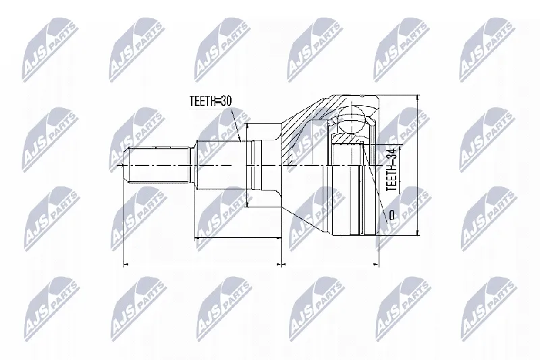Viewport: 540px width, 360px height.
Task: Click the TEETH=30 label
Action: [x=211, y=101]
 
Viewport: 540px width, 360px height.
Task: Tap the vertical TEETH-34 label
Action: [x=391, y=169]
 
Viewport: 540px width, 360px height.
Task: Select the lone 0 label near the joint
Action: [x=391, y=215]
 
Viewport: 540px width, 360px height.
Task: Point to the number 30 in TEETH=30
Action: [x=226, y=101]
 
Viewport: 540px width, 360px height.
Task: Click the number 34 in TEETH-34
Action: [x=391, y=152]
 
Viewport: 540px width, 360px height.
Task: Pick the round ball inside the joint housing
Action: [x=351, y=118]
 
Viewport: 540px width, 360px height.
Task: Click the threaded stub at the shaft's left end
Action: [x=157, y=166]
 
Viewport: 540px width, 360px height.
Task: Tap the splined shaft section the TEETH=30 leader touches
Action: [x=221, y=165]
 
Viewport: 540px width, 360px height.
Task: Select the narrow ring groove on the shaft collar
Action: [x=253, y=165]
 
